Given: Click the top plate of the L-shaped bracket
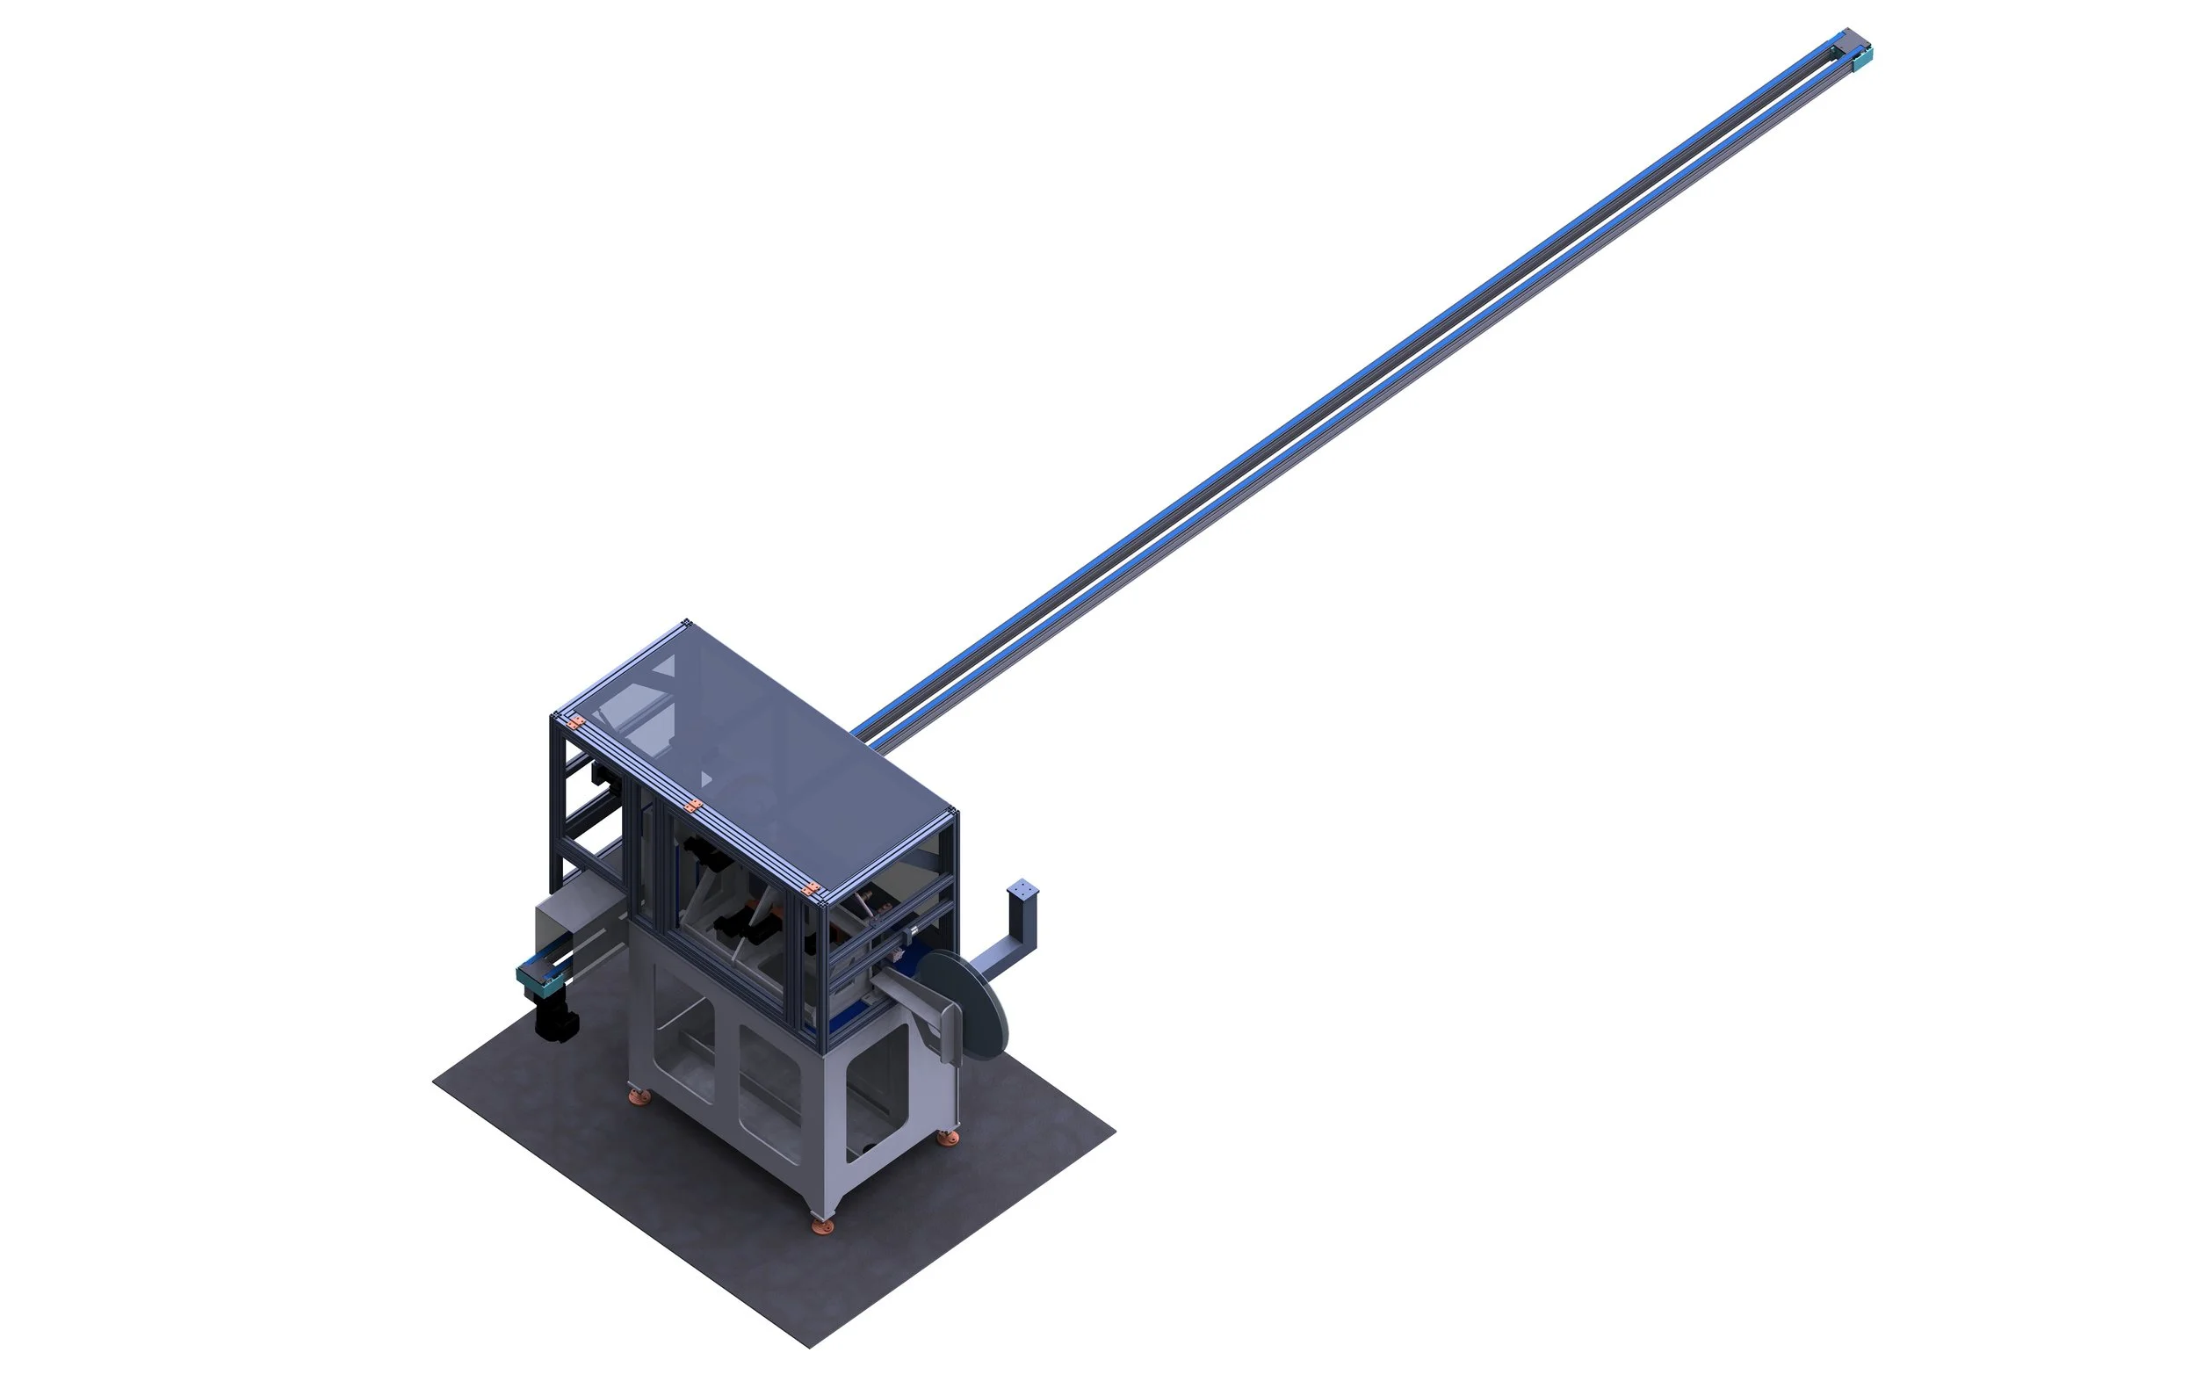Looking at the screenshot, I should pos(1023,888).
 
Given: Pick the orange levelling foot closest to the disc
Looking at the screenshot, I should pos(949,1138).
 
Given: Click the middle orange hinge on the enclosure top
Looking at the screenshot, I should pos(693,806).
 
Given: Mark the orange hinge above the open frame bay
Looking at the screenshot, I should pos(575,723).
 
